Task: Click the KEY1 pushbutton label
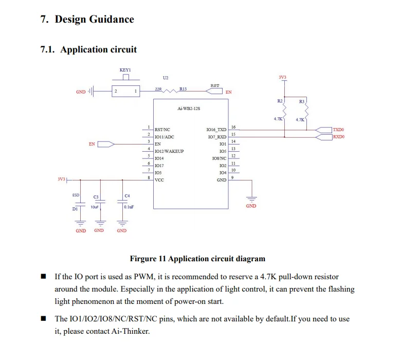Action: point(125,69)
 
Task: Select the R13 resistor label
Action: point(183,89)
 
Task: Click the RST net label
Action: point(215,85)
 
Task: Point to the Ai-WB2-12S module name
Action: point(189,109)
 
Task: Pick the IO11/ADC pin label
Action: point(165,137)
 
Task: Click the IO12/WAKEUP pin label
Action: point(169,151)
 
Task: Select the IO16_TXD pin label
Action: point(216,130)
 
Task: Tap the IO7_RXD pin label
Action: point(217,137)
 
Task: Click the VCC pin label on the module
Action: point(159,180)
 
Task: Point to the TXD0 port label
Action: point(338,130)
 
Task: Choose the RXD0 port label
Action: point(338,137)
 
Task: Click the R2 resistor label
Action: point(280,101)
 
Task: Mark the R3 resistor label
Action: point(302,101)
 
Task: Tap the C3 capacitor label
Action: point(96,197)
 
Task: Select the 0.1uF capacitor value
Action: point(129,207)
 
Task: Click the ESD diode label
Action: point(76,195)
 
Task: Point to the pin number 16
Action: point(233,127)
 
